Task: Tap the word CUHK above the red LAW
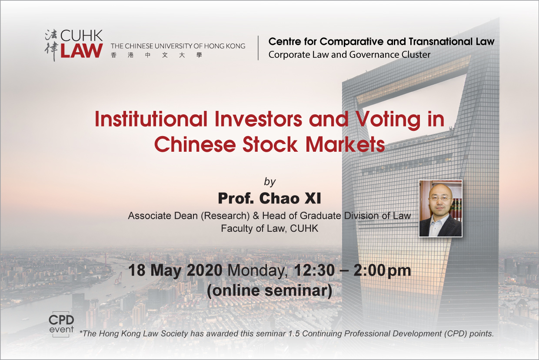point(82,36)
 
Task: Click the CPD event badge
point(61,324)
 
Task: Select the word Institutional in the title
point(151,119)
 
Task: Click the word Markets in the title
point(345,144)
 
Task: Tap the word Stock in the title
point(270,144)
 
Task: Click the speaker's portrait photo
point(441,208)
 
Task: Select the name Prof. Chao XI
point(269,199)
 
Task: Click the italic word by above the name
point(270,182)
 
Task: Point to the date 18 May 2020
point(176,270)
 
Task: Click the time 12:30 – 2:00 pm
point(352,271)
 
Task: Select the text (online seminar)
point(269,291)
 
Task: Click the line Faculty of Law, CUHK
point(269,229)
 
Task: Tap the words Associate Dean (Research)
point(189,216)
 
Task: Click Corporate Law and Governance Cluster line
point(349,55)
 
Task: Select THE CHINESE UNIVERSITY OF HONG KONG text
point(178,46)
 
